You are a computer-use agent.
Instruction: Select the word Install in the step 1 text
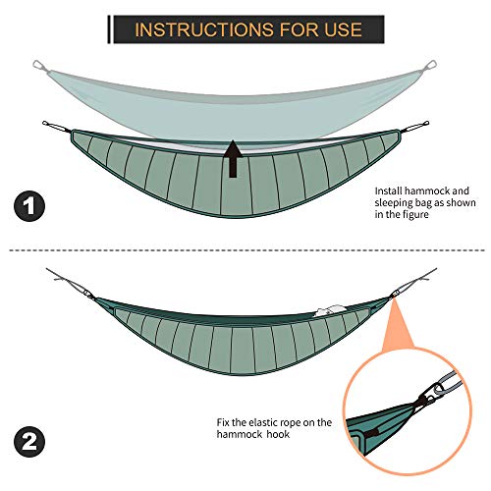click(391, 193)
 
